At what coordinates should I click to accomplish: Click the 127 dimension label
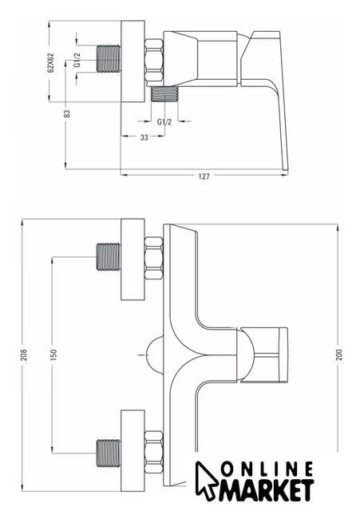204,176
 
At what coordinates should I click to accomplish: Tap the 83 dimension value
67,113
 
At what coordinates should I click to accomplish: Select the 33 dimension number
144,137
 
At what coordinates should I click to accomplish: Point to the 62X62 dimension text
50,62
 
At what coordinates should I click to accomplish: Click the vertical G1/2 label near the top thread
77,60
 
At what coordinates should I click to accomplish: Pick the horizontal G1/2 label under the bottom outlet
164,122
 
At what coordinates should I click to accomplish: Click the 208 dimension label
24,355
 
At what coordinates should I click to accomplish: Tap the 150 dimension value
53,355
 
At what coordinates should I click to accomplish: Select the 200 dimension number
338,355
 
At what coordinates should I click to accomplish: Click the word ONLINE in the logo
267,469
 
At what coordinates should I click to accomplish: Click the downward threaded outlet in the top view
164,94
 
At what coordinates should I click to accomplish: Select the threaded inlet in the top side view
109,58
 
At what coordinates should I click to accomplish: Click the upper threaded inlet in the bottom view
109,256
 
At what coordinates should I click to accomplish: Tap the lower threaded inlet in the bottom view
109,454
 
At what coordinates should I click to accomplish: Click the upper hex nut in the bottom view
153,258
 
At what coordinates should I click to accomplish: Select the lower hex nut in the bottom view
153,452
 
